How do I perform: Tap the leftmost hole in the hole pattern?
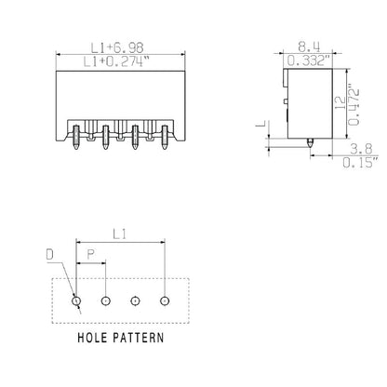(76, 300)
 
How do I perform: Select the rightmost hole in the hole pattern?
(165, 300)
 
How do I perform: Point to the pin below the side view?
(309, 142)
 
